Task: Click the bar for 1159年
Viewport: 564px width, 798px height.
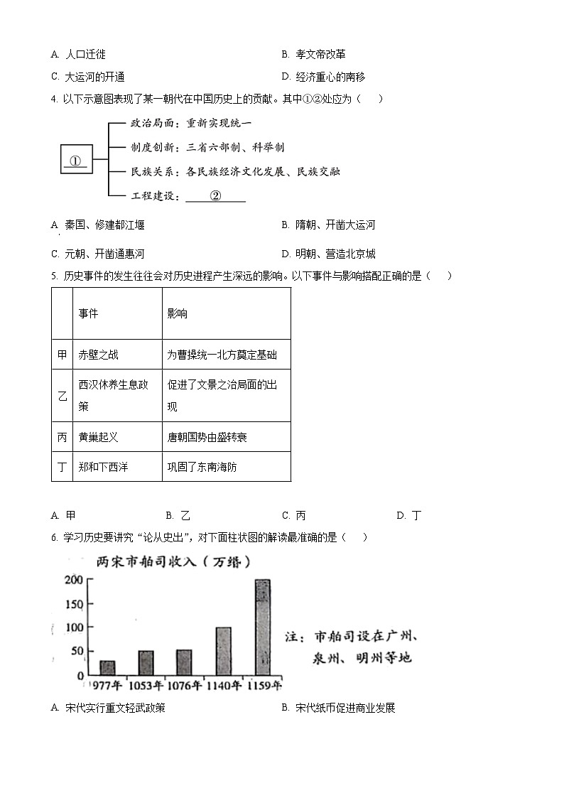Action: click(x=263, y=627)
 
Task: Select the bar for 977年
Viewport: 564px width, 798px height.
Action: click(x=107, y=667)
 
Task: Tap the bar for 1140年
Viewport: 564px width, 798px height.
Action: click(x=223, y=651)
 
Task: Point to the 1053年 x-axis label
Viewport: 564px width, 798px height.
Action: click(x=146, y=686)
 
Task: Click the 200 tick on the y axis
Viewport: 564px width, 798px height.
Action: click(x=75, y=580)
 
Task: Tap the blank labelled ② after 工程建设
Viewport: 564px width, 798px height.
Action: click(x=215, y=196)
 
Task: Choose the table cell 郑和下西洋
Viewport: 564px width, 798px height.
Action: click(x=103, y=467)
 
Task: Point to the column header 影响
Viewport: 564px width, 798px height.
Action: click(x=177, y=313)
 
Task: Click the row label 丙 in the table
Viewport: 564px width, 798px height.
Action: click(x=63, y=437)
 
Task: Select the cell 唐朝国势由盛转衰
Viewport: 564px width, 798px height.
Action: click(x=207, y=437)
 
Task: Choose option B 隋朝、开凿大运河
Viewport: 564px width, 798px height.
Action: click(x=328, y=225)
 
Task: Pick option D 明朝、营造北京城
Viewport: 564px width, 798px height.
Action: click(x=328, y=254)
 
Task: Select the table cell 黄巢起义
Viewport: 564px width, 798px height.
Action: click(x=99, y=437)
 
